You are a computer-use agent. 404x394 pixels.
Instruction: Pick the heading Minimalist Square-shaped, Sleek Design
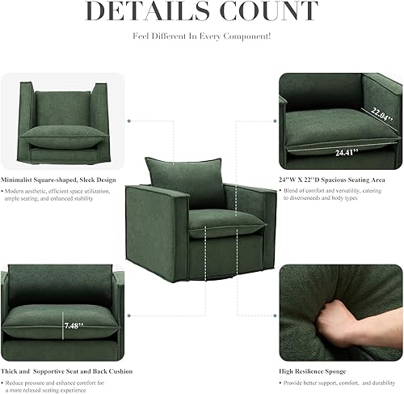pyautogui.click(x=58, y=179)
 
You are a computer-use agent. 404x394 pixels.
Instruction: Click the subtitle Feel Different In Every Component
pyautogui.click(x=202, y=36)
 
